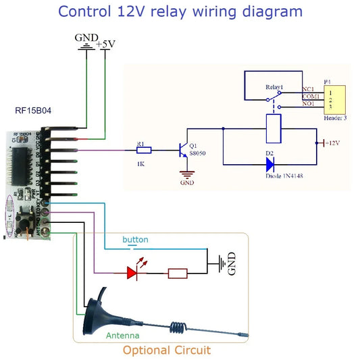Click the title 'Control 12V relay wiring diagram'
[180, 11]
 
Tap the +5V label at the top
[106, 45]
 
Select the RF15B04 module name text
[32, 110]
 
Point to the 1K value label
[140, 163]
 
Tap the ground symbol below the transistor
[186, 176]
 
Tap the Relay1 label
[274, 88]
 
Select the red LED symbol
[132, 272]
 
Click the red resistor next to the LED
[178, 274]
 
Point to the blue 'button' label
[134, 240]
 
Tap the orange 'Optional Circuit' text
[166, 350]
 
